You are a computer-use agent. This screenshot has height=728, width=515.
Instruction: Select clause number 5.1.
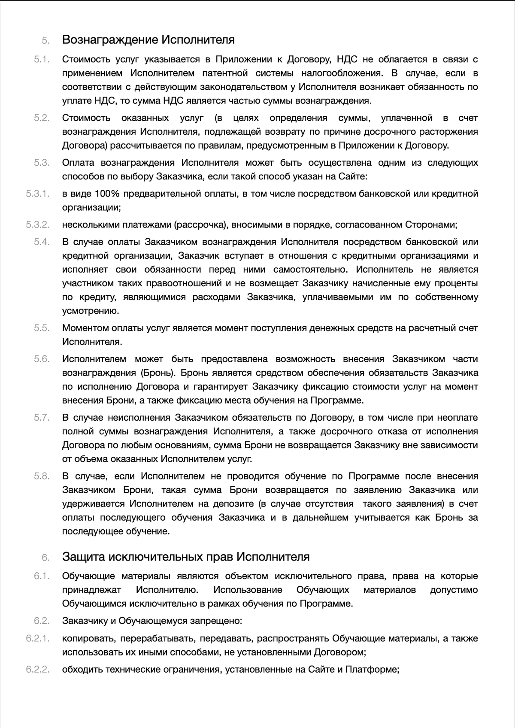click(x=42, y=59)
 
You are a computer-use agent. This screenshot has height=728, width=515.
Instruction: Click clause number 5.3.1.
click(x=38, y=194)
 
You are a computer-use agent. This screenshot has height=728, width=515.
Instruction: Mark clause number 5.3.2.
click(x=38, y=224)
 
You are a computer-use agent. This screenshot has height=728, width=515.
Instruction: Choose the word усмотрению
click(x=91, y=311)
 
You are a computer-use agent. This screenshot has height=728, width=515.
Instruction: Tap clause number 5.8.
click(x=42, y=476)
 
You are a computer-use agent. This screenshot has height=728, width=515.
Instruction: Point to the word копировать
click(x=88, y=638)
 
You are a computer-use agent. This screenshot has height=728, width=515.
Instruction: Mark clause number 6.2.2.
click(x=38, y=669)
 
